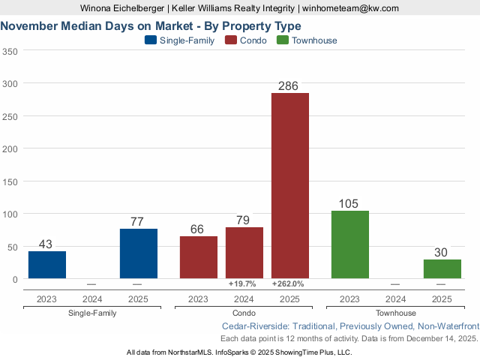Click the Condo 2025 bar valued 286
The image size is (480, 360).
click(289, 185)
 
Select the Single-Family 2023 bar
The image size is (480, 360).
click(47, 265)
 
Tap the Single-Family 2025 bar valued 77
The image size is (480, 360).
click(138, 253)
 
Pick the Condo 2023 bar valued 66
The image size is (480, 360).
click(199, 257)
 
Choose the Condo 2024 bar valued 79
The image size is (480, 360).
click(244, 253)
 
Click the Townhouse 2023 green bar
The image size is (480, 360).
click(349, 244)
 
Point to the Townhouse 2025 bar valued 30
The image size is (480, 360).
click(442, 269)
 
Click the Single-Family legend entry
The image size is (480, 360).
click(179, 40)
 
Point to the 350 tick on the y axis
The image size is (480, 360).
click(10, 52)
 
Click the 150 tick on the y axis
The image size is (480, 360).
click(10, 181)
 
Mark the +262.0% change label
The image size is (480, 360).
click(288, 284)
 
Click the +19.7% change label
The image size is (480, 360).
click(242, 284)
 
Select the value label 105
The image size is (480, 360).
click(349, 204)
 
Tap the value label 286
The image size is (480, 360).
click(289, 86)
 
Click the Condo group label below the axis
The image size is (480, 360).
click(244, 313)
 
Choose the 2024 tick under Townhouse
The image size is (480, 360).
click(395, 299)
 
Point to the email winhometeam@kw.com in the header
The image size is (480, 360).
click(350, 8)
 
